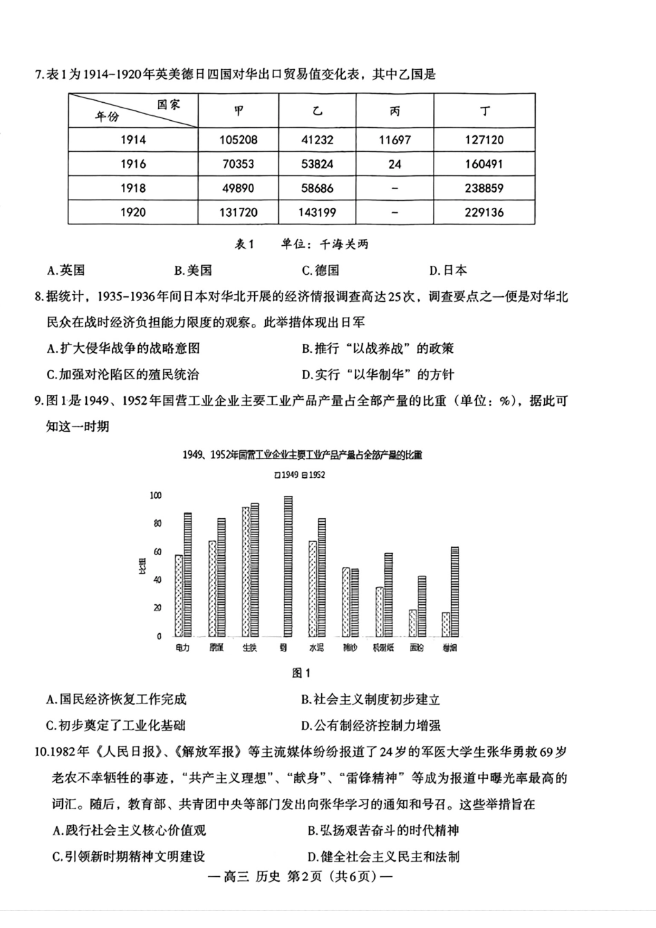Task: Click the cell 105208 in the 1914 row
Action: pos(238,139)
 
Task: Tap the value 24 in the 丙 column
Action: pos(394,164)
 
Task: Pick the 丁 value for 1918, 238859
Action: pos(484,188)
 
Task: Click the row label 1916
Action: pos(133,164)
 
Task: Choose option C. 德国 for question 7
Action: pos(320,270)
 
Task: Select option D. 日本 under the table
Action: pos(447,270)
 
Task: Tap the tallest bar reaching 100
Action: pos(288,566)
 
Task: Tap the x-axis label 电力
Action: pos(182,648)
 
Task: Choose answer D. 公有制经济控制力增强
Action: pos(371,725)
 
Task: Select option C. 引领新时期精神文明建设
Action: pos(128,856)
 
